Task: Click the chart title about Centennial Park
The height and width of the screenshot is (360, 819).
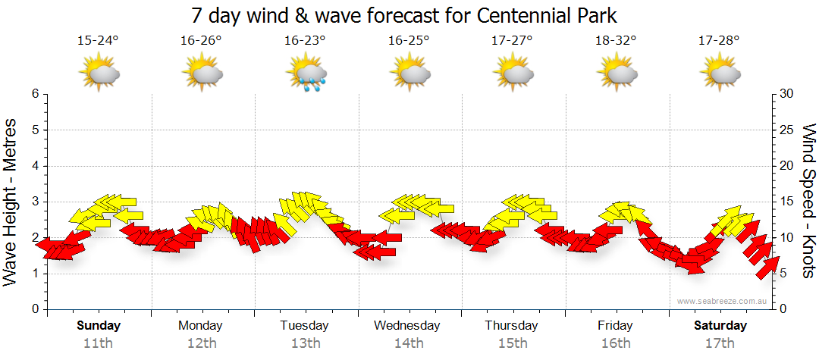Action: [409, 15]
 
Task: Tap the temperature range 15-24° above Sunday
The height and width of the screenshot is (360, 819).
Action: [98, 41]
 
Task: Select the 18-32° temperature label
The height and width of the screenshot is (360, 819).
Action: [615, 41]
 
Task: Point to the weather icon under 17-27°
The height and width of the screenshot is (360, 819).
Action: [513, 74]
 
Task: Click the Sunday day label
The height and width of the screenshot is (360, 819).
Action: [99, 326]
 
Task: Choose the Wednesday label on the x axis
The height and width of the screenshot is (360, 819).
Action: [406, 326]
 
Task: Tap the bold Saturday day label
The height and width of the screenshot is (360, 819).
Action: [720, 326]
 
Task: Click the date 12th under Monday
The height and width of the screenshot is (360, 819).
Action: [200, 343]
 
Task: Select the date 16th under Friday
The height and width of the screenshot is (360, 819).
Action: [614, 343]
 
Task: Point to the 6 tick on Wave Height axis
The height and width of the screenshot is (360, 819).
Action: [35, 94]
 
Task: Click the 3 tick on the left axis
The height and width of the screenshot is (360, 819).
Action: [35, 202]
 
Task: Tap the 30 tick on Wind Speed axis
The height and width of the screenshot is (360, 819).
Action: [787, 94]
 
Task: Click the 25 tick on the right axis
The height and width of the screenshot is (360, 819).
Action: [787, 130]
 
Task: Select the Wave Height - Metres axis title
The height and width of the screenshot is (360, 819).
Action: [11, 202]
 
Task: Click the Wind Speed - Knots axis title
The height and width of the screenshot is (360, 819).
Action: [808, 202]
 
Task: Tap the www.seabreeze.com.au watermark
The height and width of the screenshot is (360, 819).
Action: [723, 302]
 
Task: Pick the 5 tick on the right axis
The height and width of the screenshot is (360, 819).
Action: [784, 274]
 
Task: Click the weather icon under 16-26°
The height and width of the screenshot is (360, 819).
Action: [202, 74]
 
